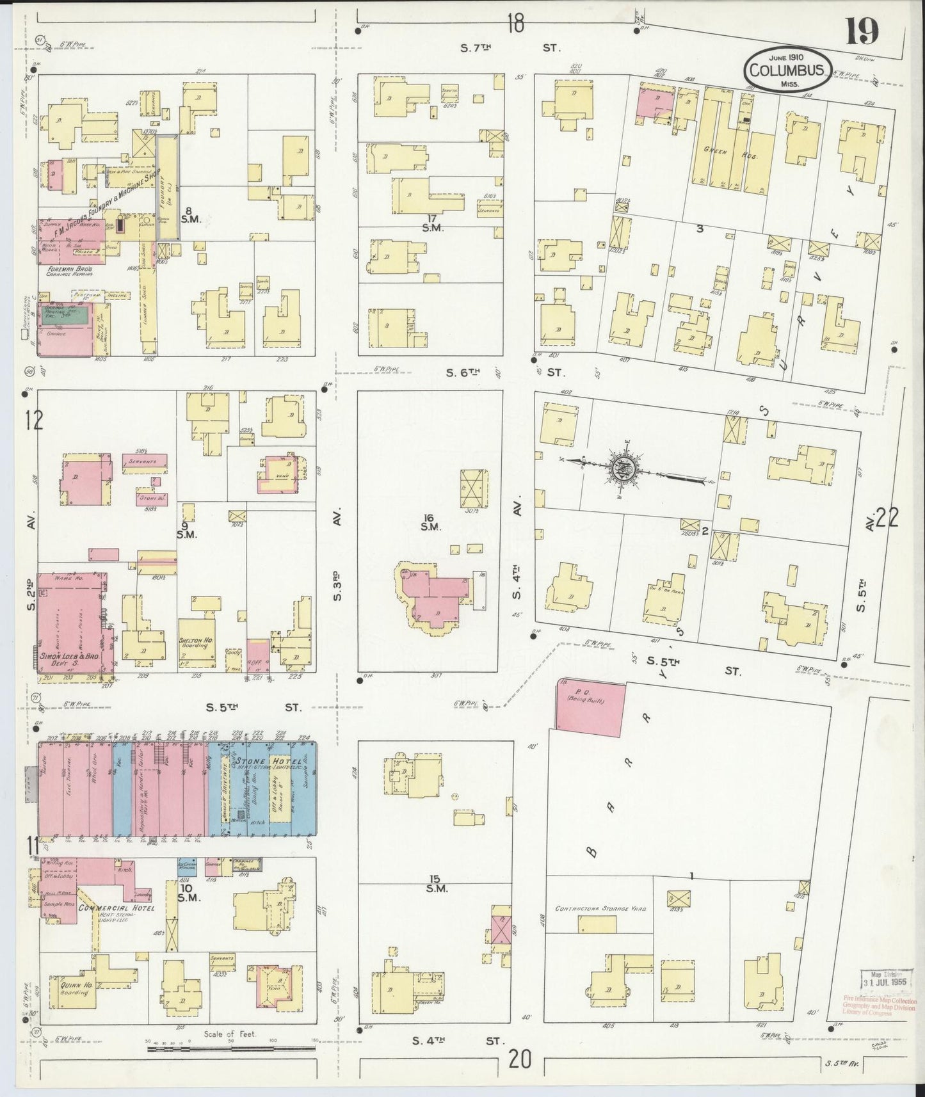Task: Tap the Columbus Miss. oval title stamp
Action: tap(788, 70)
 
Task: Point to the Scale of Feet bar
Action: tap(230, 1049)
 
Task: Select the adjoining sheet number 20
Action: tap(519, 1061)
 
